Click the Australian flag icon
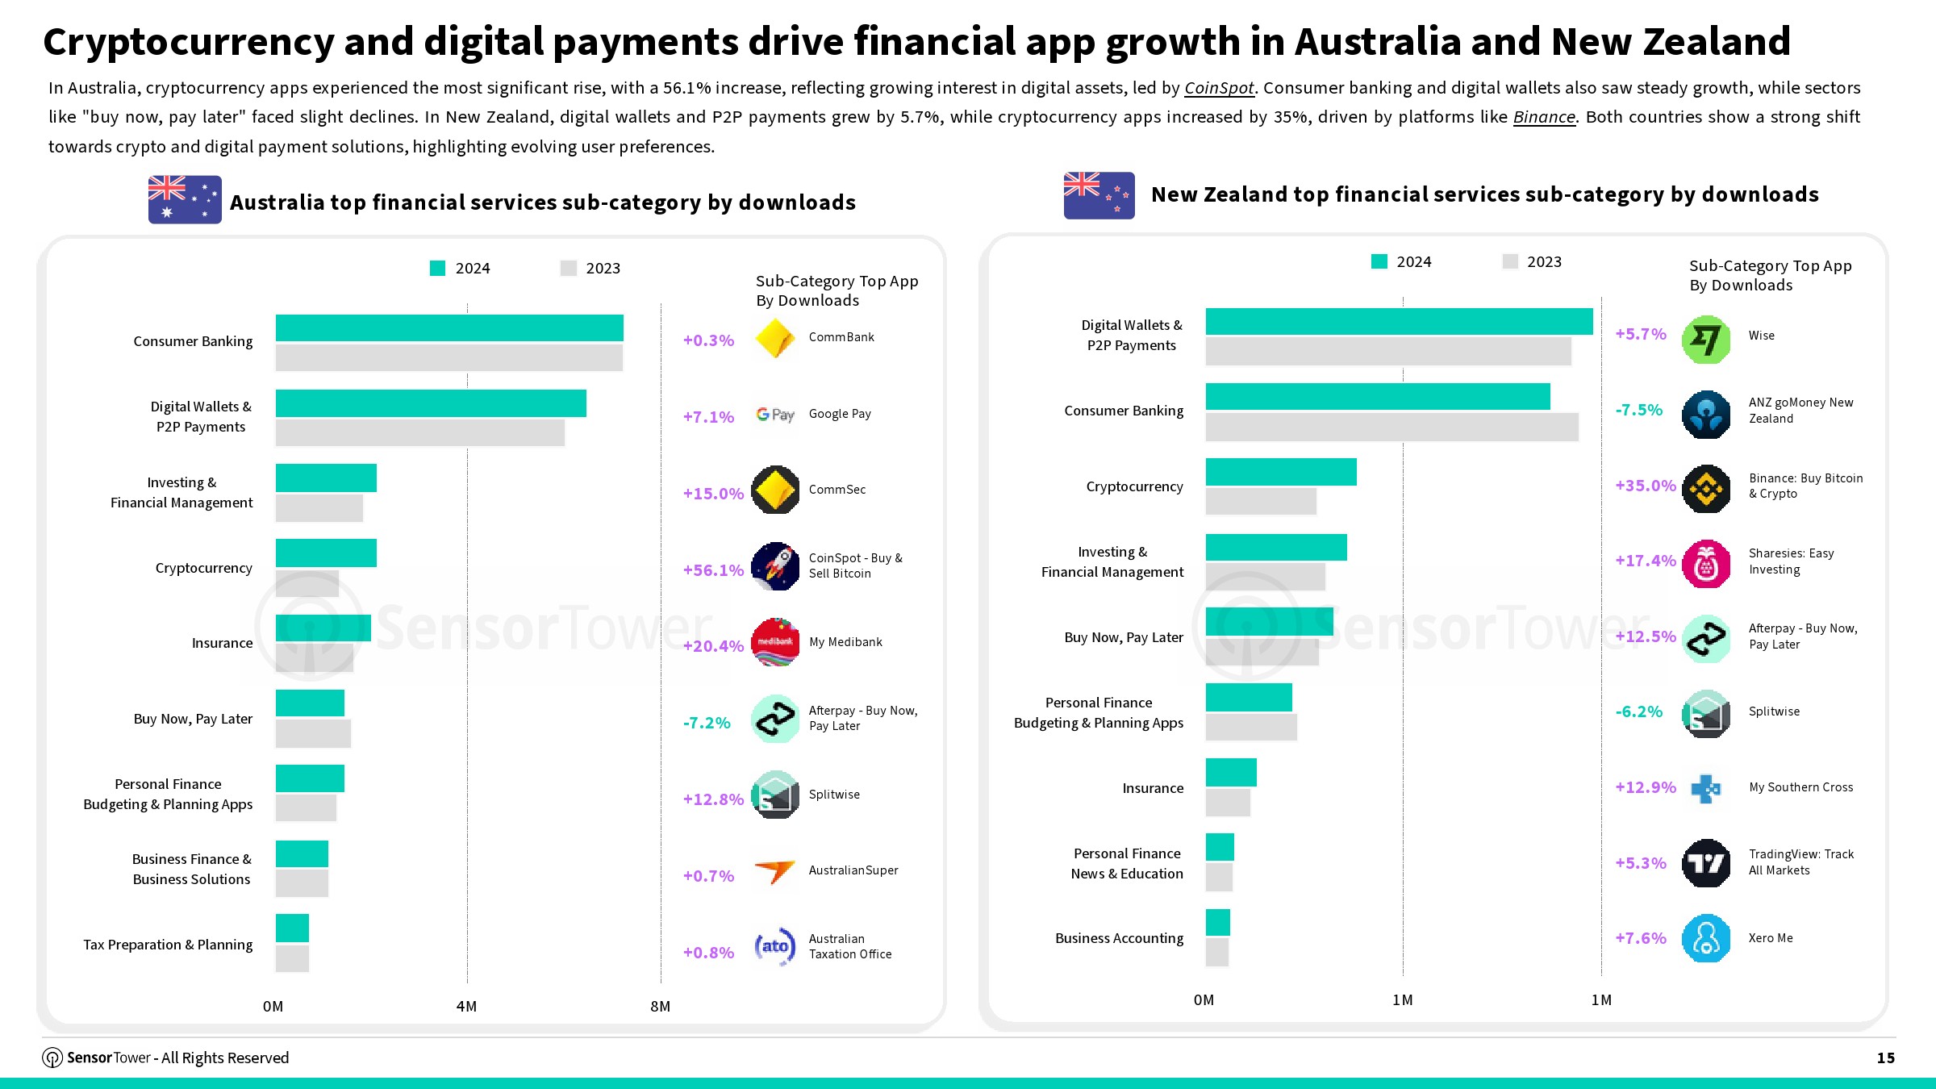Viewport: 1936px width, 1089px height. [x=185, y=199]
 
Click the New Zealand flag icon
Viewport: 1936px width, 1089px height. [x=1099, y=195]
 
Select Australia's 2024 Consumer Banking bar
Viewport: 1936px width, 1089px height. [x=449, y=328]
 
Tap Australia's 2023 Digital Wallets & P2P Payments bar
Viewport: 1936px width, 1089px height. [x=419, y=433]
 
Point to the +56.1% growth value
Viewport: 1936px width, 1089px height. [x=713, y=570]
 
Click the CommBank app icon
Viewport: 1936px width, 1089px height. [x=775, y=338]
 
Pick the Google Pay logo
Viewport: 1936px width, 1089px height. [x=775, y=415]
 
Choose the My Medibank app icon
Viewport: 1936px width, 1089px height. [x=775, y=643]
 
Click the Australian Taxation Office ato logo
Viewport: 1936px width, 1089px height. [x=775, y=946]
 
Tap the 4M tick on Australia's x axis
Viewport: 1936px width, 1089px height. [x=466, y=1007]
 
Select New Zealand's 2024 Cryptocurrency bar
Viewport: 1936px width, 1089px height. [x=1281, y=472]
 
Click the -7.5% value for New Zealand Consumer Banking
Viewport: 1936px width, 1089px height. [x=1638, y=410]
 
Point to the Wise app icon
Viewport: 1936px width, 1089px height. [x=1706, y=340]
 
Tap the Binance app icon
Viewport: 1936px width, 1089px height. [x=1706, y=489]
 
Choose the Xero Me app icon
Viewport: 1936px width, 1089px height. [x=1706, y=938]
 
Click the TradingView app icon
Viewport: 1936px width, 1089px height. [x=1706, y=863]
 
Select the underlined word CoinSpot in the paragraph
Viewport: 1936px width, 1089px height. [x=1219, y=88]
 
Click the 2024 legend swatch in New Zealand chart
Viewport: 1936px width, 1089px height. [x=1379, y=261]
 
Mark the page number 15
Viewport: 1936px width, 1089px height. [x=1885, y=1058]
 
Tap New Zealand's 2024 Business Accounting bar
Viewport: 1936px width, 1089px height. [x=1217, y=923]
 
